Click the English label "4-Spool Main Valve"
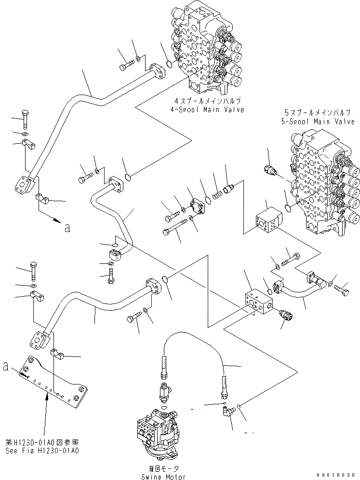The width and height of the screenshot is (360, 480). (210, 110)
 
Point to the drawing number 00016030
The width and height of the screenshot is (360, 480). (340, 475)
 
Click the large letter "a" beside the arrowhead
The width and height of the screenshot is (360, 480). (67, 228)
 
